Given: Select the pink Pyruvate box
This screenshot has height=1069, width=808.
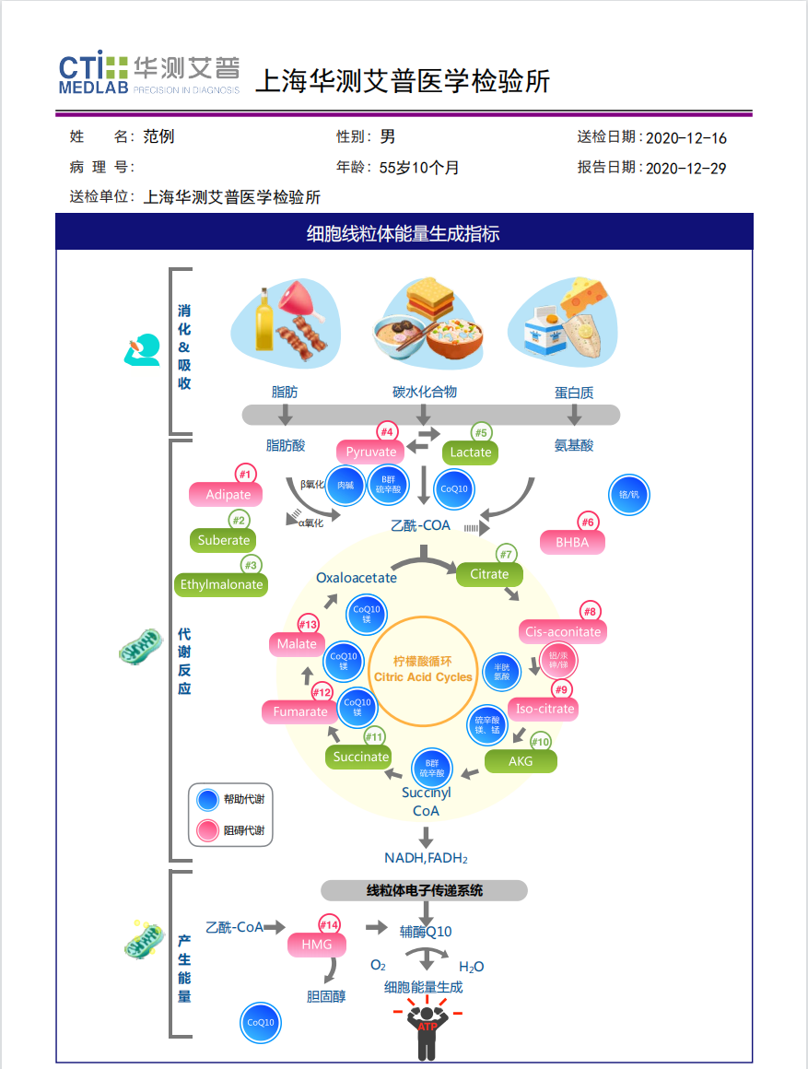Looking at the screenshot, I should [x=371, y=452].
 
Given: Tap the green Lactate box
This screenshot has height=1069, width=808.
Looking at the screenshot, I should [x=470, y=452].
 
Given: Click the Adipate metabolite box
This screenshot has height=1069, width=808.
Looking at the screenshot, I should [x=228, y=495].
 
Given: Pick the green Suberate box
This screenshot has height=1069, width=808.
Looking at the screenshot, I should [x=224, y=540].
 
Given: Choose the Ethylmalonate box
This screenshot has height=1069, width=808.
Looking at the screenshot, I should [x=221, y=584].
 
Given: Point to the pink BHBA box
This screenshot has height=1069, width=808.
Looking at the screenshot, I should [x=572, y=543].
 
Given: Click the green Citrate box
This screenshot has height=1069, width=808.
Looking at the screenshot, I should [x=489, y=574].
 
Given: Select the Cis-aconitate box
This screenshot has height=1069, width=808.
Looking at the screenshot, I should [x=562, y=631].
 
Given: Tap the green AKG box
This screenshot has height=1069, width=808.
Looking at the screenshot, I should [x=521, y=761].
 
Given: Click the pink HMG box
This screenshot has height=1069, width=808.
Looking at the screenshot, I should [x=316, y=945].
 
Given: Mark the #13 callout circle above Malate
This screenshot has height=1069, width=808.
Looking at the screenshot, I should [x=309, y=624].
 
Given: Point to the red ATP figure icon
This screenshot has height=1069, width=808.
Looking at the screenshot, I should [x=427, y=1031].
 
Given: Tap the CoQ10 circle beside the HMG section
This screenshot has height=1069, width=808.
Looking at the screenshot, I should [x=260, y=1022].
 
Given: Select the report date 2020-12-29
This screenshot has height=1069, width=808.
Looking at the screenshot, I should [x=686, y=169].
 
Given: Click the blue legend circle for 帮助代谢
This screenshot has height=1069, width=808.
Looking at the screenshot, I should [x=208, y=799].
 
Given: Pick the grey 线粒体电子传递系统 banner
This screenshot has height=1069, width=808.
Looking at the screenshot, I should [x=424, y=890].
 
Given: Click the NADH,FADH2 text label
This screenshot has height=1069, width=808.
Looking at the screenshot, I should [x=427, y=858].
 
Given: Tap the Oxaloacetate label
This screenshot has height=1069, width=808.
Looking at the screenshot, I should [x=357, y=578].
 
